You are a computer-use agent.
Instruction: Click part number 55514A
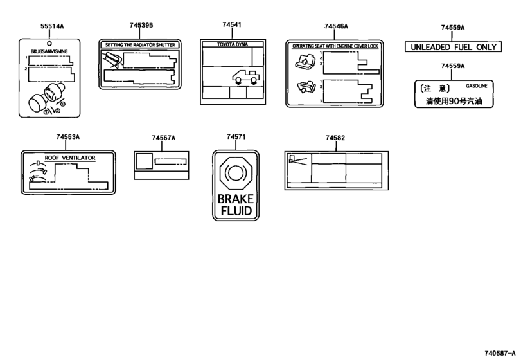tap(52, 26)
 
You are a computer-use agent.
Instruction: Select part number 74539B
tap(141, 25)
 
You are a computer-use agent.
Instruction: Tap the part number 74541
tap(232, 24)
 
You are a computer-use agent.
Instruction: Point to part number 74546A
tap(336, 26)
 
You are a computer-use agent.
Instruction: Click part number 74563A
tap(68, 137)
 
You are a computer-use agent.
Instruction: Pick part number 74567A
tap(163, 138)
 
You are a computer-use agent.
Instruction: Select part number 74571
tap(236, 137)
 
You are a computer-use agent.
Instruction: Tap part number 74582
tap(335, 138)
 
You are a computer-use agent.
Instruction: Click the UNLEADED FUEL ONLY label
tap(453, 47)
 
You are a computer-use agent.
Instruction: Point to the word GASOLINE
tap(477, 86)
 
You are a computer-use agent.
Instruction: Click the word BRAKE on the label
tap(236, 199)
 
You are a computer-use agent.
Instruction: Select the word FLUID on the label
tap(236, 210)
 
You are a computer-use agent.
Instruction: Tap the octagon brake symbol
tap(236, 172)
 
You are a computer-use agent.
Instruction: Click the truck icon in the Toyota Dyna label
tap(246, 76)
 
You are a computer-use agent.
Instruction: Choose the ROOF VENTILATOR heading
tap(70, 158)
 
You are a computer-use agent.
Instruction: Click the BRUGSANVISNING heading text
tap(49, 51)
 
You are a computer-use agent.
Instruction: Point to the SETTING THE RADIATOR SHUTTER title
tap(140, 45)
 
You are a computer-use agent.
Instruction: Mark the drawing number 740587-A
tap(500, 353)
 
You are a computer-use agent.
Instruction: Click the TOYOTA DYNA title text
tap(233, 44)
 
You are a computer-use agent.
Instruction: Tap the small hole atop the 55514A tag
tap(49, 44)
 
